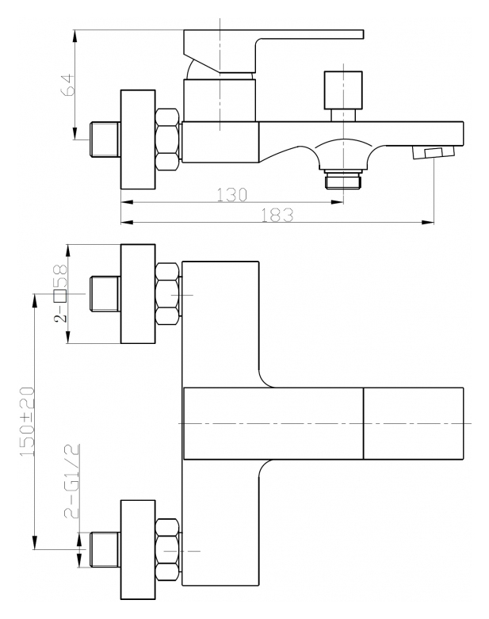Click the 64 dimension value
click(x=67, y=85)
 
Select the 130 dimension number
click(x=232, y=195)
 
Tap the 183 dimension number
click(x=277, y=215)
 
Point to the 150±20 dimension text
click(x=28, y=422)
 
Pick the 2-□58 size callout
click(x=60, y=293)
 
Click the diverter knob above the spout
click(x=343, y=96)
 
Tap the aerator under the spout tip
click(x=434, y=152)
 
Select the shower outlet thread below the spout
click(x=343, y=178)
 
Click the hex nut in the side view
click(x=167, y=139)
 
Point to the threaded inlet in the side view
click(x=105, y=139)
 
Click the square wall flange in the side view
click(x=138, y=139)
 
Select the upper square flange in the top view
click(x=138, y=294)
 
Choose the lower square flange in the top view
click(x=138, y=550)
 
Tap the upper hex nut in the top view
click(x=167, y=294)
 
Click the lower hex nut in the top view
click(x=167, y=550)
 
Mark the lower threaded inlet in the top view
click(x=105, y=549)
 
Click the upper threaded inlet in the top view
click(x=105, y=294)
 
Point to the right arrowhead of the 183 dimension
click(x=428, y=223)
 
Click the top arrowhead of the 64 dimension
click(x=75, y=36)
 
